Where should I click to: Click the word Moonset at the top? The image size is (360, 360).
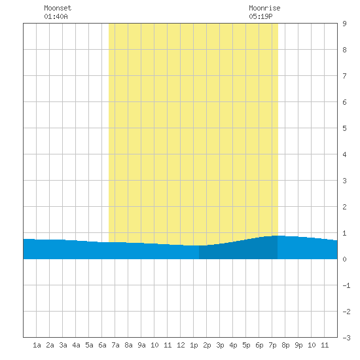(x=58, y=8)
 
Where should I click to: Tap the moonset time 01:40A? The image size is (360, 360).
(x=56, y=16)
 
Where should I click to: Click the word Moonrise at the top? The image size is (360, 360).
(x=264, y=8)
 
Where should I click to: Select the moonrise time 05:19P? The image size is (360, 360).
(x=261, y=16)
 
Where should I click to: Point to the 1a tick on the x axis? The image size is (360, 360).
(x=37, y=345)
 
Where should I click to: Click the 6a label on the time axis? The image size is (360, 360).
(x=102, y=345)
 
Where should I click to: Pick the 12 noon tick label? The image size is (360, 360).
(x=181, y=345)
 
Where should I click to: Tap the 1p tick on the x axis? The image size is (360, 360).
(x=194, y=345)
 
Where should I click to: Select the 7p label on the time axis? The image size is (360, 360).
(x=272, y=345)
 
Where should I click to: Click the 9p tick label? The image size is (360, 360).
(x=298, y=345)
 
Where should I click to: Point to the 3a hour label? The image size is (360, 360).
(x=63, y=345)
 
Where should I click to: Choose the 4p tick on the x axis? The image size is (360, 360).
(x=233, y=345)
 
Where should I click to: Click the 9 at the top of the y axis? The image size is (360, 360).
(x=344, y=24)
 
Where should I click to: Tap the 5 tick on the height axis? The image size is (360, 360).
(x=344, y=128)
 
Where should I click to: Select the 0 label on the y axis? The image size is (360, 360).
(x=344, y=259)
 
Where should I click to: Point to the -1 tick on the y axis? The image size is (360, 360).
(x=346, y=285)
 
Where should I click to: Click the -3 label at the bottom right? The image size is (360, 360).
(x=346, y=338)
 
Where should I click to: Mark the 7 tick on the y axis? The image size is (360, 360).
(x=344, y=76)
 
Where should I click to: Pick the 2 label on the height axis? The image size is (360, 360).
(x=344, y=207)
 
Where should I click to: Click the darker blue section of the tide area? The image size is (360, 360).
(x=238, y=250)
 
